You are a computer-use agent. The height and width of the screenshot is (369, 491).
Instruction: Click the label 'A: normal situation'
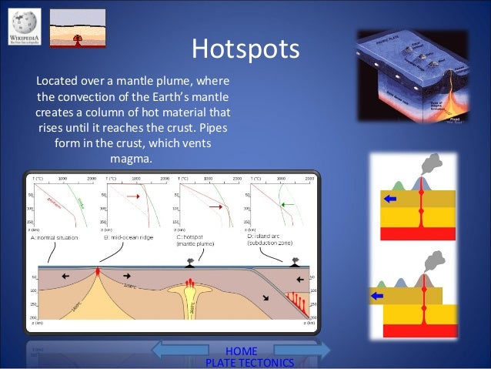coord(54,238)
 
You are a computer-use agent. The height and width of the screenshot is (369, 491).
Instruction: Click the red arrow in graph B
coord(132,196)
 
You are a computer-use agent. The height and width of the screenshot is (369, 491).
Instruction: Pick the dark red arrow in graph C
coord(215,206)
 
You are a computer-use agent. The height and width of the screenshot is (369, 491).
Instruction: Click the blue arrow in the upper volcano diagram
coord(390,200)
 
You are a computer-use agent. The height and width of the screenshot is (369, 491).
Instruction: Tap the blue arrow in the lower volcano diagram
coord(376,294)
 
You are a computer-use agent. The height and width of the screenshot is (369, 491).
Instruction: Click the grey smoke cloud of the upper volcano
coord(433,163)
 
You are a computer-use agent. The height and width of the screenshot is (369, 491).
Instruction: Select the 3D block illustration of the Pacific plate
coord(413,77)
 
